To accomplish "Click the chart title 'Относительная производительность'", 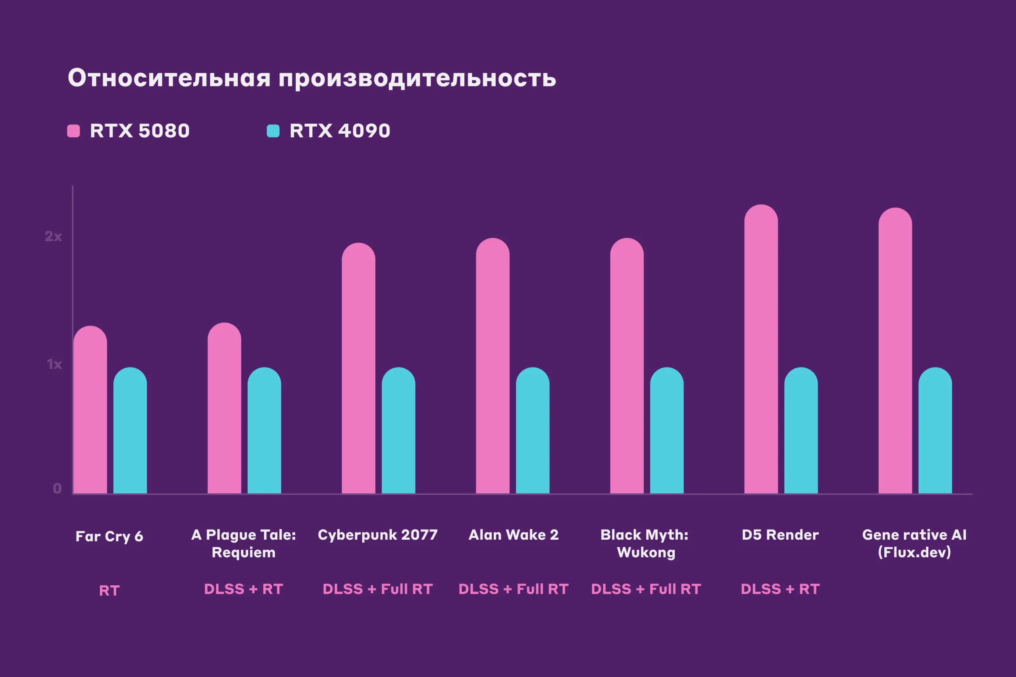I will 312,78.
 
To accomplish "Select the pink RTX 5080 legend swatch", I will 73,131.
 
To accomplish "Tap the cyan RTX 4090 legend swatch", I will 273,131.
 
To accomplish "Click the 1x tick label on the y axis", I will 54,364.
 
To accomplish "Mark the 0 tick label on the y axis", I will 57,488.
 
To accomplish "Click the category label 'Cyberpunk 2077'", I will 377,535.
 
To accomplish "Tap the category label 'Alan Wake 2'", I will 514,535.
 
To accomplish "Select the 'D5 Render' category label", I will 780,535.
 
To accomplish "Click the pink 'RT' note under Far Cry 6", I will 109,591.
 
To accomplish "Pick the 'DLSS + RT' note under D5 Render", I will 780,589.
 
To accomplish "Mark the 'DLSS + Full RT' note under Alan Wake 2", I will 514,589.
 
